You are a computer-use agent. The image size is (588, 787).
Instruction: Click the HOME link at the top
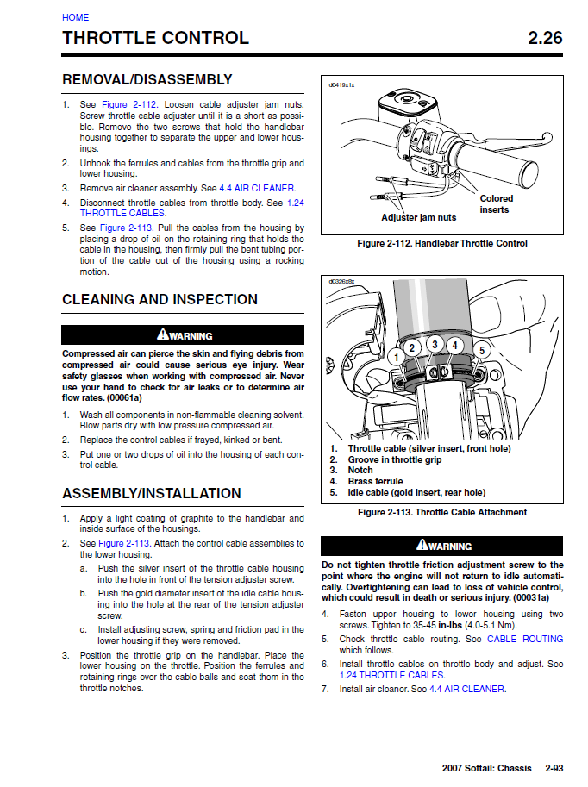(x=75, y=17)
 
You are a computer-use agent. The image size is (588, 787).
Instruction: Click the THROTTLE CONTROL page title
(x=155, y=38)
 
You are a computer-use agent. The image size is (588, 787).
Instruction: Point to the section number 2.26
(x=545, y=38)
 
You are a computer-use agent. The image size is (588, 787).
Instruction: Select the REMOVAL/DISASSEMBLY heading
(x=147, y=79)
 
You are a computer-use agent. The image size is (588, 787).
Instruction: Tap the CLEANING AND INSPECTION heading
(x=160, y=299)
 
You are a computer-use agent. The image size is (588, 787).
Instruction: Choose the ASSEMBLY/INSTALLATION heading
(x=152, y=493)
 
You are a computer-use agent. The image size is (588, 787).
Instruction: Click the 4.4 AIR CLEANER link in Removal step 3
(x=257, y=188)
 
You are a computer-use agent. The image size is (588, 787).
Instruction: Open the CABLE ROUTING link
(x=524, y=639)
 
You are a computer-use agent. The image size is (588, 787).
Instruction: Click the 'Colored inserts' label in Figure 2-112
(x=497, y=204)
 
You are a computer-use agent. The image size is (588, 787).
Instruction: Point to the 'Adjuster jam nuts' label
(x=419, y=218)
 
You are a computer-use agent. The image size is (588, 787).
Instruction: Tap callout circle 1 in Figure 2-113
(x=396, y=357)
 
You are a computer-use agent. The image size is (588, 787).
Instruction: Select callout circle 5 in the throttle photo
(x=481, y=350)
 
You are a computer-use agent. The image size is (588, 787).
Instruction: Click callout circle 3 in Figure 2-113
(x=435, y=345)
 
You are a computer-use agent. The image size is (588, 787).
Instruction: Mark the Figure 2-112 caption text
(x=441, y=244)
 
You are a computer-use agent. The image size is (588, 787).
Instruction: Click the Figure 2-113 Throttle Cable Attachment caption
(x=441, y=512)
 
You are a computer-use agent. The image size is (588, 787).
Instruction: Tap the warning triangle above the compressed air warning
(x=162, y=335)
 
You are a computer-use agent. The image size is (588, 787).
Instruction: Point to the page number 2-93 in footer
(x=555, y=768)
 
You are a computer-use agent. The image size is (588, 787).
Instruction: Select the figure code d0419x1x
(x=342, y=85)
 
